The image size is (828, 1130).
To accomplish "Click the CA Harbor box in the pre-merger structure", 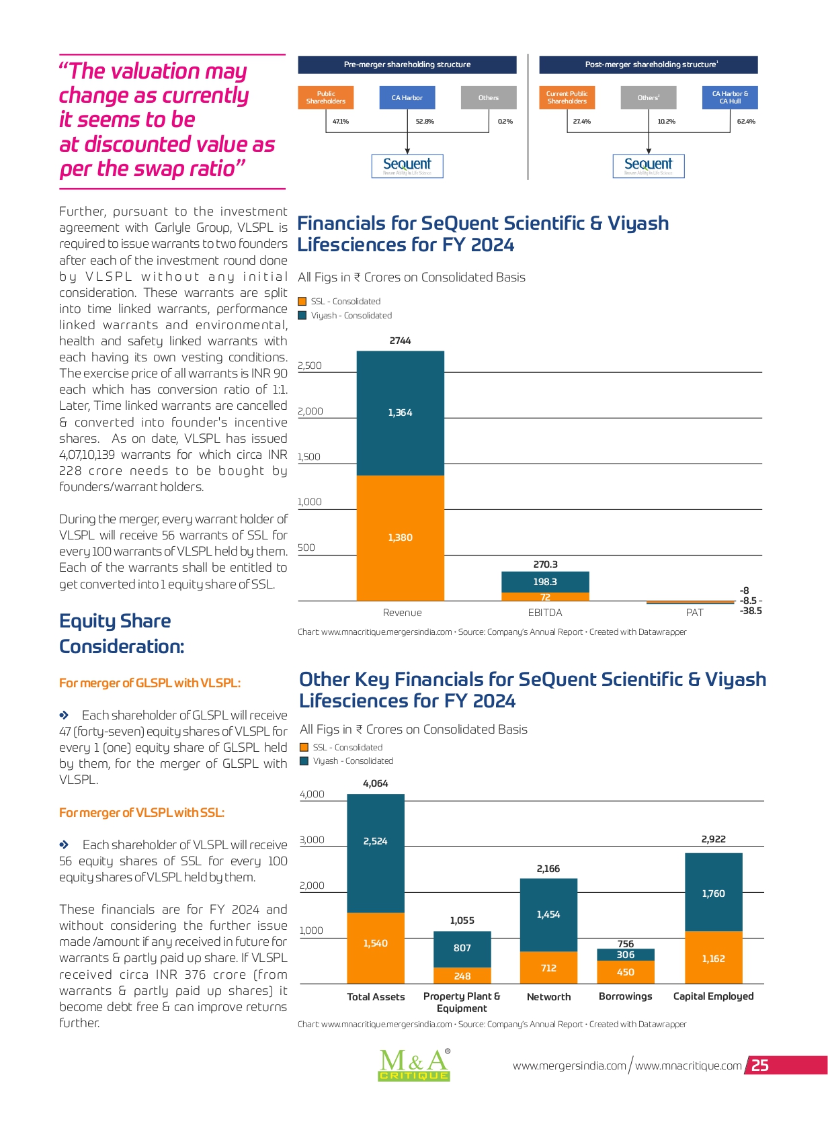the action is coord(407,97).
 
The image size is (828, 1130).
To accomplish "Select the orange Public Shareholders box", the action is coord(325,97).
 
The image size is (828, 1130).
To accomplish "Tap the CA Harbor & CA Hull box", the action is coord(730,97).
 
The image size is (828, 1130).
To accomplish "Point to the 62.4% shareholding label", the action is coord(746,122).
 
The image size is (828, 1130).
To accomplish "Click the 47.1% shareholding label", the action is coord(341,122).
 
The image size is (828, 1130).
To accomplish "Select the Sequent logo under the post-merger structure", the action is coord(649,166).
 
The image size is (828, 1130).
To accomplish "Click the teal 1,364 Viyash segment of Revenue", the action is coord(400,413).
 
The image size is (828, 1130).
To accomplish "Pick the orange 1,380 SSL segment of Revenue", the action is coord(400,537).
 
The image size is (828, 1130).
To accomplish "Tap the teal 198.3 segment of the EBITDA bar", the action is coord(545,582).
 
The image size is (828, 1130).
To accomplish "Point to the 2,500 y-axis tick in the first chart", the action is coord(309,365).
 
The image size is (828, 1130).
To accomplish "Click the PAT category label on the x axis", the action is coord(694,613).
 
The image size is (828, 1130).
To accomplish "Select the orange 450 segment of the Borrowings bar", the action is coord(625,971).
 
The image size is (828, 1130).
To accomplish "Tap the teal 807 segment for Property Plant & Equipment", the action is coord(462,949).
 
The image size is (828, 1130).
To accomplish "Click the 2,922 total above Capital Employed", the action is coord(713,839).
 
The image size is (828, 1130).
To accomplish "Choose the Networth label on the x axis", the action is coord(548,996).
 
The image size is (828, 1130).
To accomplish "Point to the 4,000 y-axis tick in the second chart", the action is coord(312,794).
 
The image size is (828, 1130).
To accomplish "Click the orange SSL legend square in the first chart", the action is coord(302,301).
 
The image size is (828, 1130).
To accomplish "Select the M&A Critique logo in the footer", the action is coord(414,1064).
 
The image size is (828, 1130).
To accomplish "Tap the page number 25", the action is coord(759,1065).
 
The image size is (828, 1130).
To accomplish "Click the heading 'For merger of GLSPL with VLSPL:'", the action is coord(150,683).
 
